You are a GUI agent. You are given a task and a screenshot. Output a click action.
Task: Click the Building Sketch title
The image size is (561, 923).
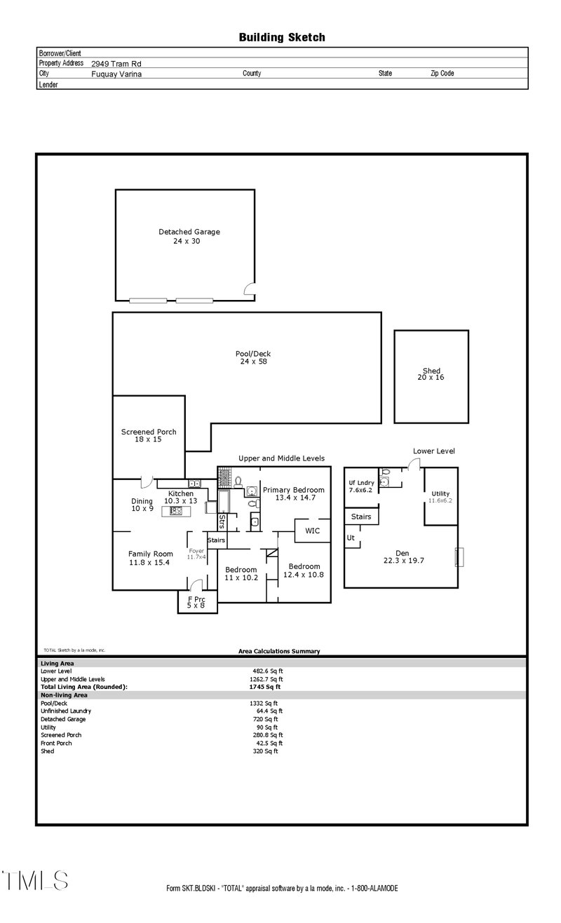click(281, 37)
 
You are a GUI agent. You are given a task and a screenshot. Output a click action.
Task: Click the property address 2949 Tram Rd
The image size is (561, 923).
click(117, 63)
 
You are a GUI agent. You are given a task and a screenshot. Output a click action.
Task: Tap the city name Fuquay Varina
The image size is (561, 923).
click(116, 74)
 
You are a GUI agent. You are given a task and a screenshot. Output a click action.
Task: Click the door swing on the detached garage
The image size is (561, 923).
click(248, 289)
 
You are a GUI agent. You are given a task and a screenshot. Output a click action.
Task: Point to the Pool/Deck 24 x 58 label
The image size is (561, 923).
click(253, 357)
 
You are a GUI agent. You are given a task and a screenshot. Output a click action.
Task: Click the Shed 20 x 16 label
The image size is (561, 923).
click(431, 374)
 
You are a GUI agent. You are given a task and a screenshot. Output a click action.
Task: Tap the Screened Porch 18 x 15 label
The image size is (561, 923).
click(149, 435)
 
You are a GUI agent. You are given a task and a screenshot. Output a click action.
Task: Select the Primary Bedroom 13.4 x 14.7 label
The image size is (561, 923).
click(294, 493)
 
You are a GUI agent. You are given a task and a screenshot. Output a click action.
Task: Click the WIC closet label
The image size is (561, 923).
click(311, 531)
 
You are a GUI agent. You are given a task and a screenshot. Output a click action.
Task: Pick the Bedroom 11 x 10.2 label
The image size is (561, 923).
click(241, 573)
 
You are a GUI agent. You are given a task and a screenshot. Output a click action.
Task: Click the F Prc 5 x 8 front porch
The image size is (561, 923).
click(196, 603)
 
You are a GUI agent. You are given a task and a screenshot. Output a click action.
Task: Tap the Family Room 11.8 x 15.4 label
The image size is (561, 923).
click(150, 558)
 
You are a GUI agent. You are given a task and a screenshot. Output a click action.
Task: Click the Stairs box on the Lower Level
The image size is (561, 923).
click(360, 517)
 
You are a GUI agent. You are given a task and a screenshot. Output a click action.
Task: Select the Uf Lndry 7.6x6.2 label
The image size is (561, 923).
click(362, 486)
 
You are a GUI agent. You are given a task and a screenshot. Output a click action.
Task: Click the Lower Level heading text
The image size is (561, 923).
click(433, 451)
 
